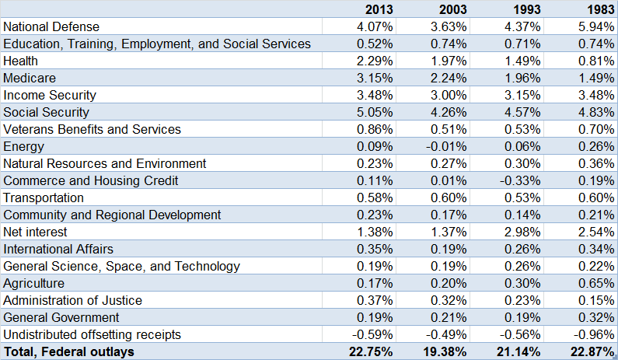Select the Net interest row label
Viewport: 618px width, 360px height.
[x=35, y=232]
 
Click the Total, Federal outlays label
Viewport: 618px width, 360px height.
[x=68, y=352]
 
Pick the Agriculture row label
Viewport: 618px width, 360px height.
[x=33, y=283]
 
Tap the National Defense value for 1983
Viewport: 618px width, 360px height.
[x=592, y=26]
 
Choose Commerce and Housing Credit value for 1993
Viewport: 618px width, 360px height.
[x=522, y=180]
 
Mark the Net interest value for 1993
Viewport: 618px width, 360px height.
[x=523, y=232]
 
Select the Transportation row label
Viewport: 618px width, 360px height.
[x=44, y=197]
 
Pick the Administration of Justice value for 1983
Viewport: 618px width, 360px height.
[x=592, y=300]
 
